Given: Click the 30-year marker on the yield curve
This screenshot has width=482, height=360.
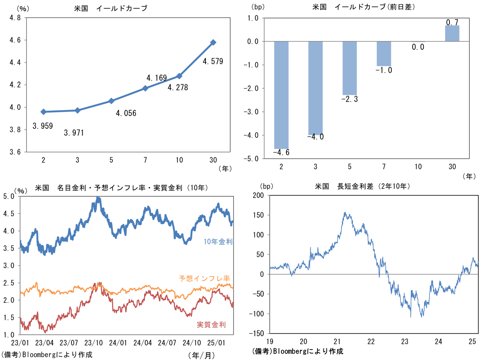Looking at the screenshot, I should (x=213, y=42).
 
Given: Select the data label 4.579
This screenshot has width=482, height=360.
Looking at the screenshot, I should (x=213, y=61).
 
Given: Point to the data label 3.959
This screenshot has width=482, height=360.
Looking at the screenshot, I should (x=43, y=126).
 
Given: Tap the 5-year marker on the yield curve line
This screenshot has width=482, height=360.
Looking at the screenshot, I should (x=111, y=101).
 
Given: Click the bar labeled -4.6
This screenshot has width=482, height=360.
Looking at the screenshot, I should (x=281, y=95).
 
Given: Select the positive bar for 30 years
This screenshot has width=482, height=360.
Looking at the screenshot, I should (x=452, y=33).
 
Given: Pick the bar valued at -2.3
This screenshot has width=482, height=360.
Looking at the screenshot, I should (x=350, y=68).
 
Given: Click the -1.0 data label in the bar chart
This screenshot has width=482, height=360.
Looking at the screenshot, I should (x=384, y=71).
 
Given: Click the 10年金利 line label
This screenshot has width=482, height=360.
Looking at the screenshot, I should (x=218, y=242).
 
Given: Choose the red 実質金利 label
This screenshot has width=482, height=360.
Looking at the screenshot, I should (x=211, y=325).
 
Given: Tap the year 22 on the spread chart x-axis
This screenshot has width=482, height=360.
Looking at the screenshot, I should (x=371, y=341).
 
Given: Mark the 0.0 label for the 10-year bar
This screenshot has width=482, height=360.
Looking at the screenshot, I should (x=418, y=47).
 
